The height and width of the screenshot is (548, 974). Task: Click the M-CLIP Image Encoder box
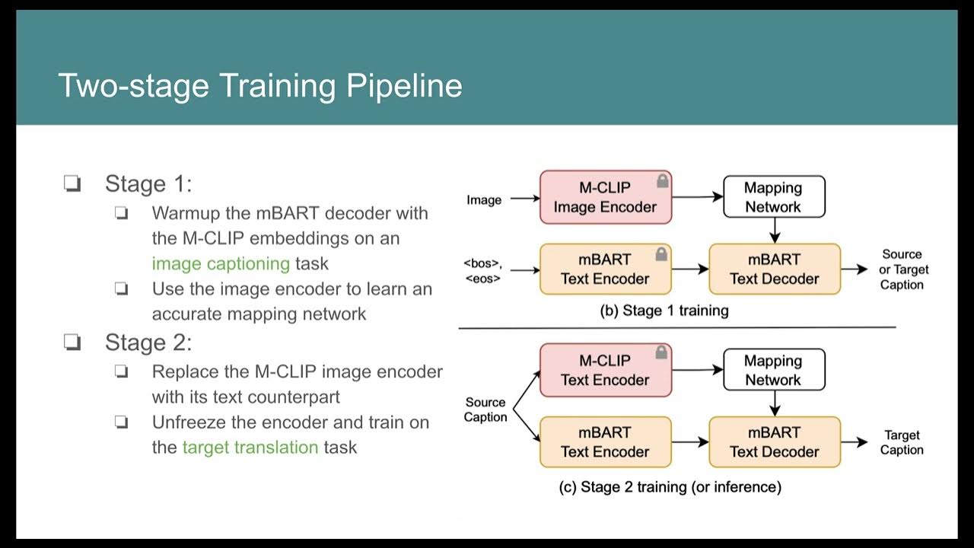coord(605,197)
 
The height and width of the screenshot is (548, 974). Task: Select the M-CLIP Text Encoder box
coord(605,370)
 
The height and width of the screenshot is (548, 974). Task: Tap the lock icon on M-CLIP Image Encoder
coord(662,182)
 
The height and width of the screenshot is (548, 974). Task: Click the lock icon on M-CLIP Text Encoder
coord(662,353)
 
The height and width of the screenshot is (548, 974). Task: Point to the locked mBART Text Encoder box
coord(605,269)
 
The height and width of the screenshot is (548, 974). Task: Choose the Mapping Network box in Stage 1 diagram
coord(773,197)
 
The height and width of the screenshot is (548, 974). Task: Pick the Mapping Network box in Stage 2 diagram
coord(773,370)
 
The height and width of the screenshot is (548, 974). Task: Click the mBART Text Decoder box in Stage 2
coord(774,441)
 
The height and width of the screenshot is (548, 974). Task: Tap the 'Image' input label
coord(484,200)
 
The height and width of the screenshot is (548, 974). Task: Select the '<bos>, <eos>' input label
coord(482,270)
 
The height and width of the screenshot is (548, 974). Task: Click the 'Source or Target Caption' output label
coord(902,269)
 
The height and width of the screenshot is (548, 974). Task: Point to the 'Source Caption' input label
coord(485,409)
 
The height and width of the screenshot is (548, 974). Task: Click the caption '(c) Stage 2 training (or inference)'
coord(670,487)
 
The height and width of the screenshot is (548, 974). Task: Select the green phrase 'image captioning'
coord(221,263)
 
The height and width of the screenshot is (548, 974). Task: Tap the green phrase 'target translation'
coord(250,447)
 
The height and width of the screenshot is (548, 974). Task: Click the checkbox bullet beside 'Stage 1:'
coord(72,184)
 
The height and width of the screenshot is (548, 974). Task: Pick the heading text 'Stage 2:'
coord(148,342)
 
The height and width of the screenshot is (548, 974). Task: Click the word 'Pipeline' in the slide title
coord(404,85)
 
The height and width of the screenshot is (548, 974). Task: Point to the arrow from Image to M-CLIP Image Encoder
coord(524,199)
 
